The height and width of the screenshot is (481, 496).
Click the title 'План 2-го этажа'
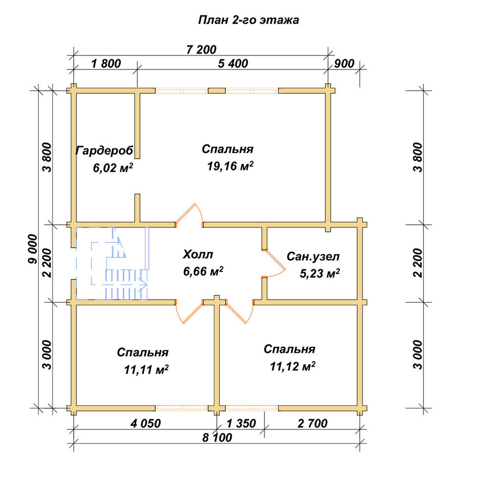point(248,20)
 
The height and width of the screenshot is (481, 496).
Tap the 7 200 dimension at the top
point(201,50)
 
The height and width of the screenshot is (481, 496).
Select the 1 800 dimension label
point(106,63)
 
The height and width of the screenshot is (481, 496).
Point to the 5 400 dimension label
point(233,63)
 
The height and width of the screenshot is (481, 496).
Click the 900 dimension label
point(344,63)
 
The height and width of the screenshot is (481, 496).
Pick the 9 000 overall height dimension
point(33,249)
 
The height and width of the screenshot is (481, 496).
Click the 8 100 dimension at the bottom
point(217,437)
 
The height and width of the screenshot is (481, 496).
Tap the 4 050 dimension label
point(146,423)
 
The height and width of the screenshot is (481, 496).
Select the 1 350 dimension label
point(241,423)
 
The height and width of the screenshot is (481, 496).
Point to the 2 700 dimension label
point(312,423)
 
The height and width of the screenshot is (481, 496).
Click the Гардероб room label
point(104,151)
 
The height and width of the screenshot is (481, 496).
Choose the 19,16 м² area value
point(230,166)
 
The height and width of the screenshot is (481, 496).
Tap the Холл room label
point(198,254)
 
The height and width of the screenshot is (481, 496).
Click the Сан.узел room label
point(313,257)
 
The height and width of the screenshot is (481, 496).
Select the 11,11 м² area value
point(146,369)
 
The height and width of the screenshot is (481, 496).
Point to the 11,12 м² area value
point(293,367)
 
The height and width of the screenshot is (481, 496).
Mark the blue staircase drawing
point(113,264)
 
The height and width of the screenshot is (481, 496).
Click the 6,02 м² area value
point(113,168)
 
